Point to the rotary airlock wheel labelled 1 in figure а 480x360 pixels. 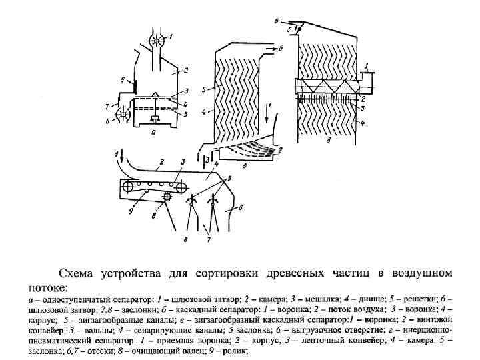click(159, 40)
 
